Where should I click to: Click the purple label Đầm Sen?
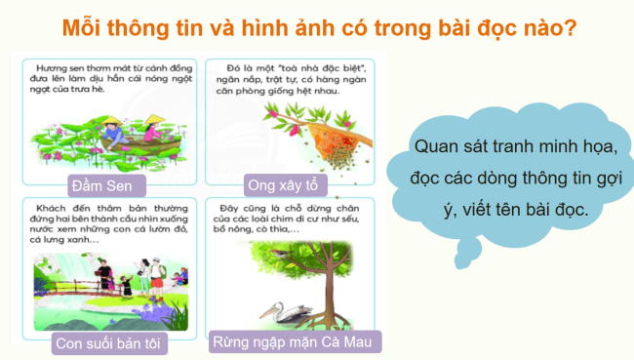click(108, 185)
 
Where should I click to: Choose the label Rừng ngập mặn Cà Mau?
click(296, 342)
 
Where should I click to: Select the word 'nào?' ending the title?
click(547, 26)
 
